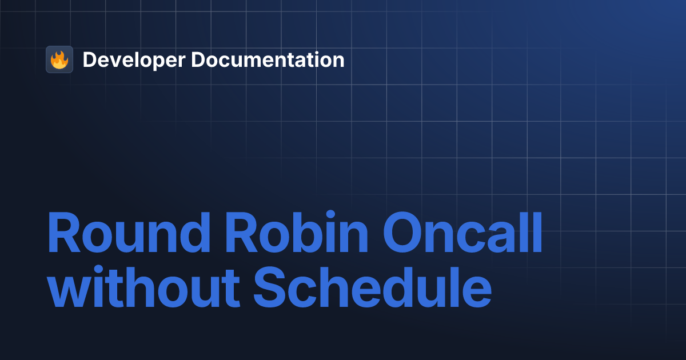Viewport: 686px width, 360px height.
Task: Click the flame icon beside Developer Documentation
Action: tap(59, 59)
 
